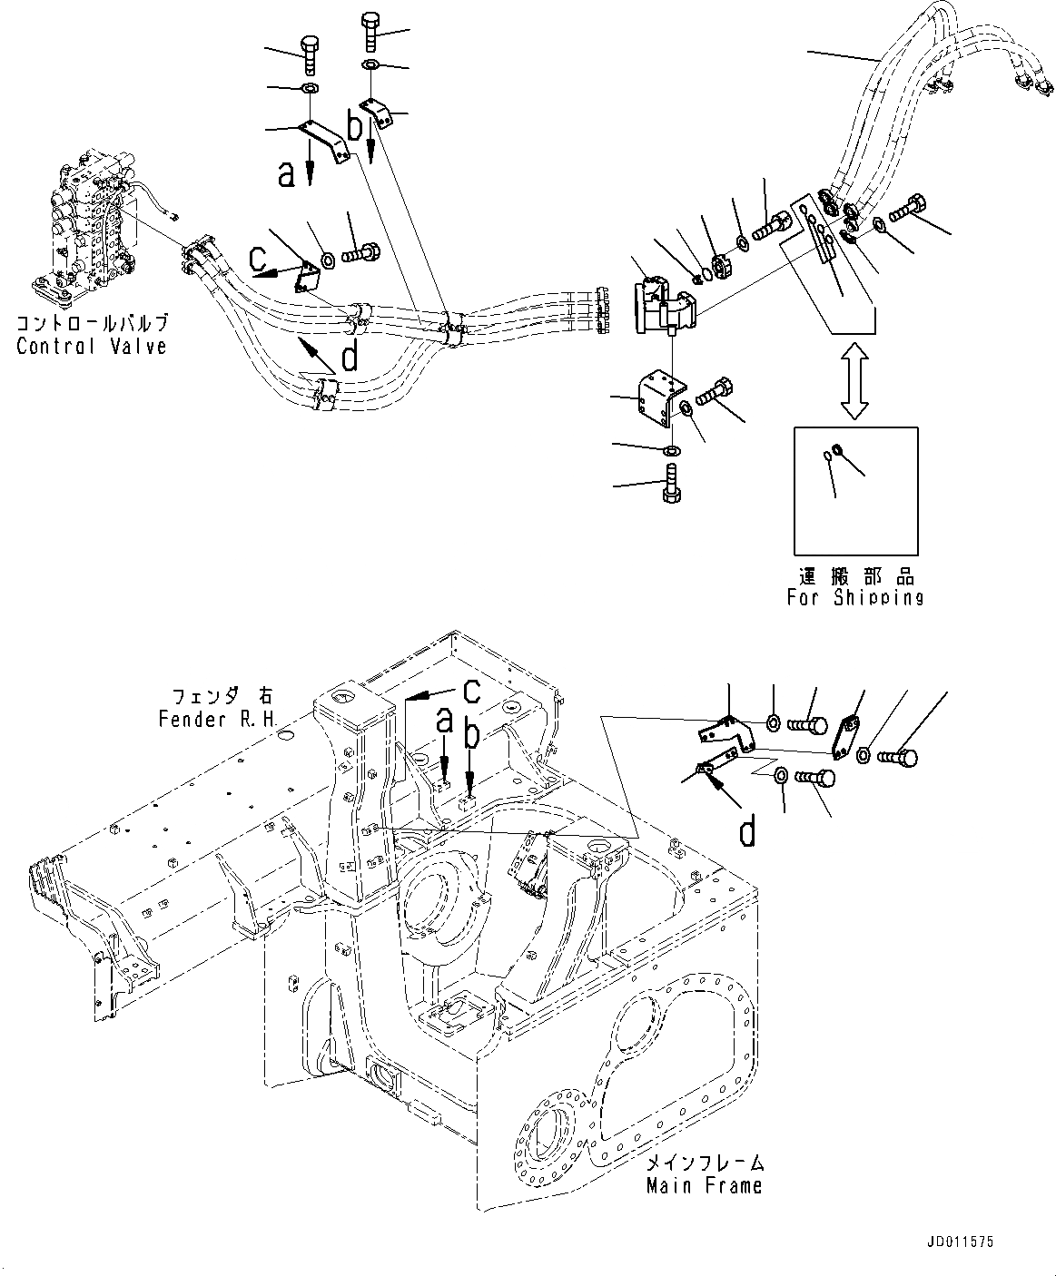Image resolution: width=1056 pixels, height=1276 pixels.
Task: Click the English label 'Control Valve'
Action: (91, 346)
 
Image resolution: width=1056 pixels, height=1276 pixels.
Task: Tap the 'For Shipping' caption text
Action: (854, 597)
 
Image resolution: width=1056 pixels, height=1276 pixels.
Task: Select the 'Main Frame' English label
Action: (704, 1185)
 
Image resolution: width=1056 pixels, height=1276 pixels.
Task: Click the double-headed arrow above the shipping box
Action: (853, 379)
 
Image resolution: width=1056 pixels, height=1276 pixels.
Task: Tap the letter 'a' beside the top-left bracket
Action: (287, 173)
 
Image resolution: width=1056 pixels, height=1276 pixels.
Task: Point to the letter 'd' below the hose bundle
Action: (349, 359)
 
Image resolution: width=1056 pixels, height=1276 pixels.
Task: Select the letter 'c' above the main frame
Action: (470, 692)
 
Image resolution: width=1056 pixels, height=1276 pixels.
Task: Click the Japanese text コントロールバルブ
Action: (92, 324)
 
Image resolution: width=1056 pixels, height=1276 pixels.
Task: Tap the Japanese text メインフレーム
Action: (706, 1163)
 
